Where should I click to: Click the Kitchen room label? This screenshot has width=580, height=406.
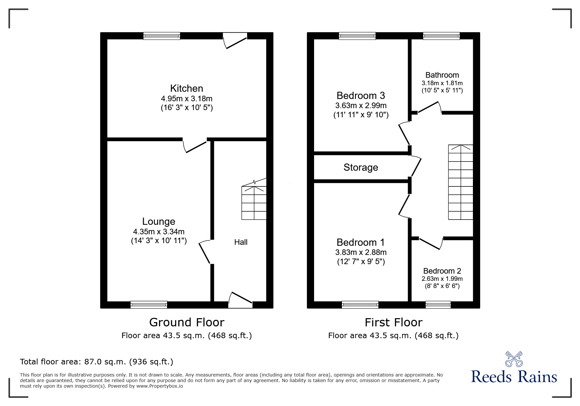click(x=187, y=88)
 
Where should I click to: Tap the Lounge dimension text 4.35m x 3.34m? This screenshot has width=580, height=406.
click(x=159, y=232)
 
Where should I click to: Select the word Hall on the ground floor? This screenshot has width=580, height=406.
click(x=241, y=242)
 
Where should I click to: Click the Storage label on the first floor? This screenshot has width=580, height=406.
click(x=361, y=167)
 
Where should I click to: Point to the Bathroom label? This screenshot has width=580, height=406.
click(x=442, y=75)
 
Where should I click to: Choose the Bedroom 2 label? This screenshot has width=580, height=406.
click(x=442, y=271)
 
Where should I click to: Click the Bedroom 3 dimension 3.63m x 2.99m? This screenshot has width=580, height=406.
click(x=361, y=106)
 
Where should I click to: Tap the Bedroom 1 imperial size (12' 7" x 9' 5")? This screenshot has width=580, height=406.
click(x=361, y=261)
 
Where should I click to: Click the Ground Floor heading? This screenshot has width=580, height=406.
click(x=187, y=322)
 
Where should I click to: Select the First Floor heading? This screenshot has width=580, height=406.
click(x=394, y=322)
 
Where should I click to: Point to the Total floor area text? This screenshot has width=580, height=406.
click(x=97, y=362)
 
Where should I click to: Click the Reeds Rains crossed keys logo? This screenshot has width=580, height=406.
click(x=514, y=359)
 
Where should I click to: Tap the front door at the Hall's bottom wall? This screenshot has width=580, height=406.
click(x=240, y=300)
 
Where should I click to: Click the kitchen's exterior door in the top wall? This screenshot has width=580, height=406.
click(x=235, y=40)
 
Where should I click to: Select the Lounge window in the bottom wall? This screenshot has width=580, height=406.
click(x=149, y=305)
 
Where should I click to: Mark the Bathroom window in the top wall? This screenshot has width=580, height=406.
click(x=441, y=36)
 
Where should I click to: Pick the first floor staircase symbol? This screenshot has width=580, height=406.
click(x=460, y=182)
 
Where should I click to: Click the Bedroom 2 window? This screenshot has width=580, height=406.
click(x=438, y=305)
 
